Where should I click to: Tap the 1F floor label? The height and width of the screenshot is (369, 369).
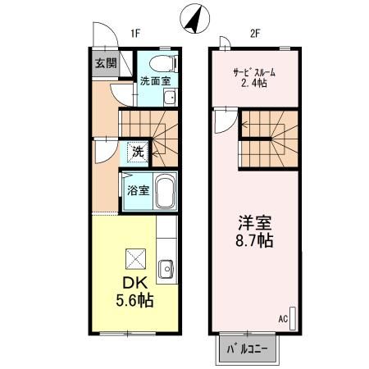click(135, 34)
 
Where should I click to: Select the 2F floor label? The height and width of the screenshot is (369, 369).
click(255, 34)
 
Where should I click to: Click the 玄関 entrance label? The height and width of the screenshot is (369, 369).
click(104, 63)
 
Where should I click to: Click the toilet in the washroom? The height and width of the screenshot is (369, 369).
click(161, 62)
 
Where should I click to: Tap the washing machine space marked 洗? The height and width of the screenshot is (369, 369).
click(139, 152)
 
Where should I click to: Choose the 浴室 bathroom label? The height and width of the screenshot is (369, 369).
click(137, 191)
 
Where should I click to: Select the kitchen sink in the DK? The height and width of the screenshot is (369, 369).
click(166, 268)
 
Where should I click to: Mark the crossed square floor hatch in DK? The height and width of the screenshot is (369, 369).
click(134, 258)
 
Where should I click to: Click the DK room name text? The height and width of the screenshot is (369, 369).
click(134, 283)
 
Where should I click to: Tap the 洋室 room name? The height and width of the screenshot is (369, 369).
click(255, 223)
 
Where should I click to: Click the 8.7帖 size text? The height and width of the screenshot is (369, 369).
click(255, 242)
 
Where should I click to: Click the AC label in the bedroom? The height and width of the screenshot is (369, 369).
click(283, 317)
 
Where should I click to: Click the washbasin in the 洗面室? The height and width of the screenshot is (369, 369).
click(170, 98)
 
